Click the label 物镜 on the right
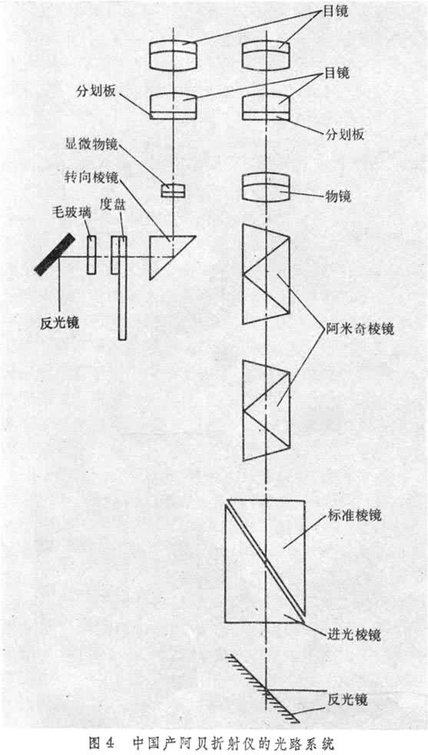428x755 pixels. [337, 196]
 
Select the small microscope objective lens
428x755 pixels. [173, 190]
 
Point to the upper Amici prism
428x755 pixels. [264, 274]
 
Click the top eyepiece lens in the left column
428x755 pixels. [174, 54]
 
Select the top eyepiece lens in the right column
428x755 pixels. [265, 54]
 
